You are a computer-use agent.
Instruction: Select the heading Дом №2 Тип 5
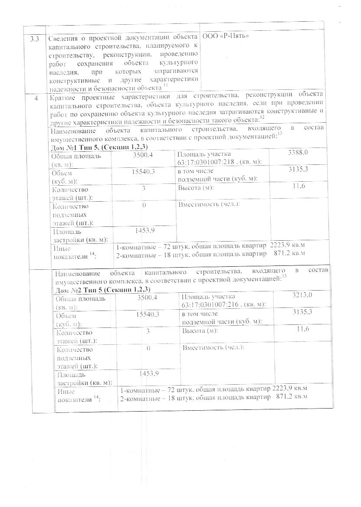[x=102, y=289]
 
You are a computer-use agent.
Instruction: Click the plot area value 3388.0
[x=298, y=152]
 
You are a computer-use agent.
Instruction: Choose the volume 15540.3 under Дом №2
[x=148, y=313]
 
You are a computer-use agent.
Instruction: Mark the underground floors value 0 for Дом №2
[x=148, y=348]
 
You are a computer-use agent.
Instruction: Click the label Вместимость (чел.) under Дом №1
[x=209, y=204]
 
